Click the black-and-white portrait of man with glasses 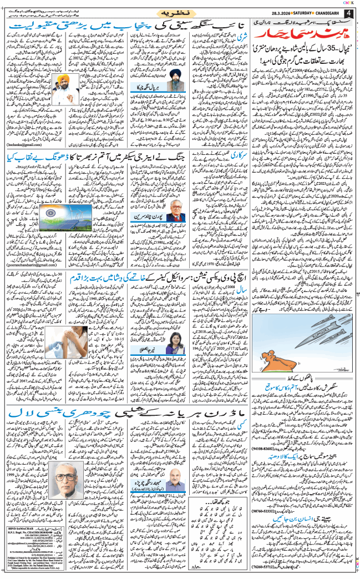click(x=75, y=481)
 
